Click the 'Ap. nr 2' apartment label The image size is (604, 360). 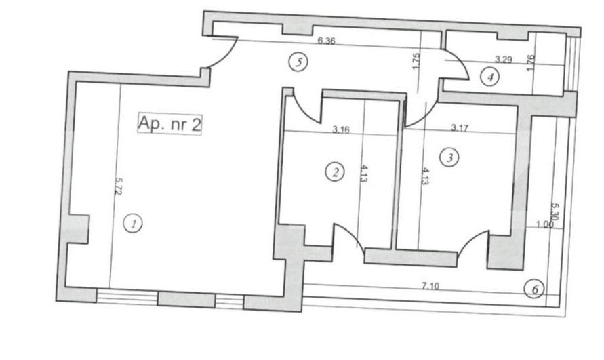click(169, 124)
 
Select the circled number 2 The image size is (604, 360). click(334, 172)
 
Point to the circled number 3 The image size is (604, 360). click(449, 158)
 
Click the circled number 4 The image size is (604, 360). click(490, 77)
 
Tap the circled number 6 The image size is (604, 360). click(534, 289)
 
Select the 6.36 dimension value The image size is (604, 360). click(327, 41)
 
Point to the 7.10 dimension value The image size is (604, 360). click(430, 286)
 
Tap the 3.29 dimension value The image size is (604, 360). click(503, 60)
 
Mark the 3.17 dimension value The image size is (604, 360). click(460, 127)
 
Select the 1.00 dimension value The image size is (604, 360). click(544, 224)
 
